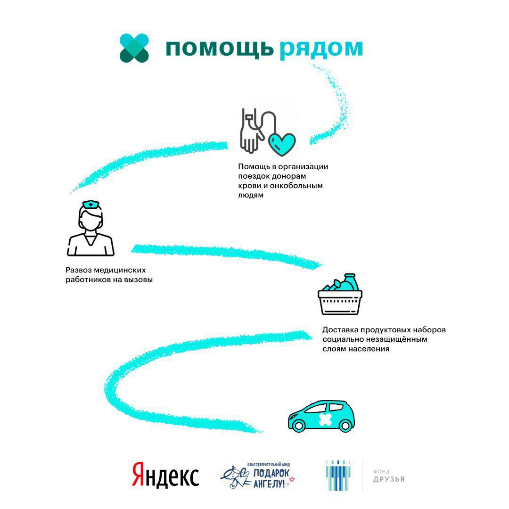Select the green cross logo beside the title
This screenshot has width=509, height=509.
pos(134,48)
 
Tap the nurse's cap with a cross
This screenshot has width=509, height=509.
pos(90,205)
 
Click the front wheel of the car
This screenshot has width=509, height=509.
pos(299,425)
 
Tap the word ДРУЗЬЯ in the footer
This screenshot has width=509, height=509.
pos(389,480)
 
